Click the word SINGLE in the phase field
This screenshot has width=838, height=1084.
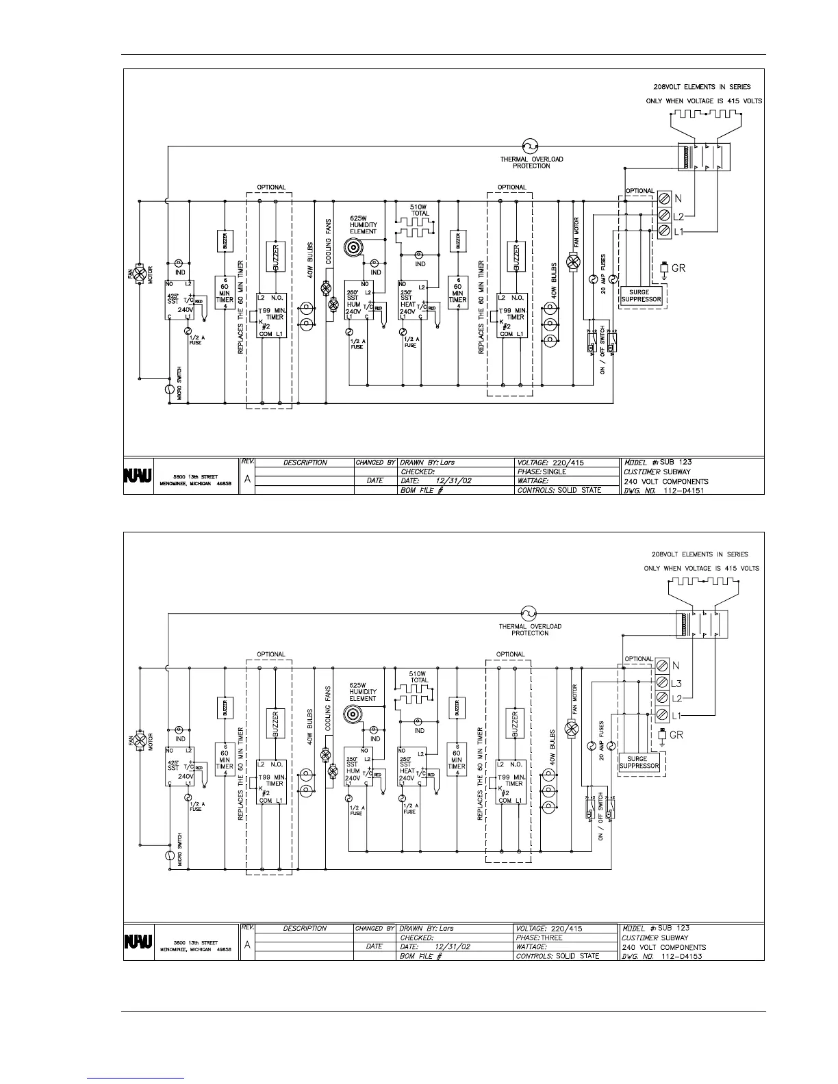click(555, 472)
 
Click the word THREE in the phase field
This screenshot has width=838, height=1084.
click(551, 938)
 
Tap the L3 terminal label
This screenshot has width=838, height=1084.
click(676, 683)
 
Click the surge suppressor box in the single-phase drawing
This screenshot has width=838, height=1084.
click(640, 296)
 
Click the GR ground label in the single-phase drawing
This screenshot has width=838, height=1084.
click(678, 268)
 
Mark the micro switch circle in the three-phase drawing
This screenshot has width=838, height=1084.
click(170, 855)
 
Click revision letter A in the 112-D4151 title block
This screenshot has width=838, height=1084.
click(246, 480)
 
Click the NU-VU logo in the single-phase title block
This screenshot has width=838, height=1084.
click(138, 474)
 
